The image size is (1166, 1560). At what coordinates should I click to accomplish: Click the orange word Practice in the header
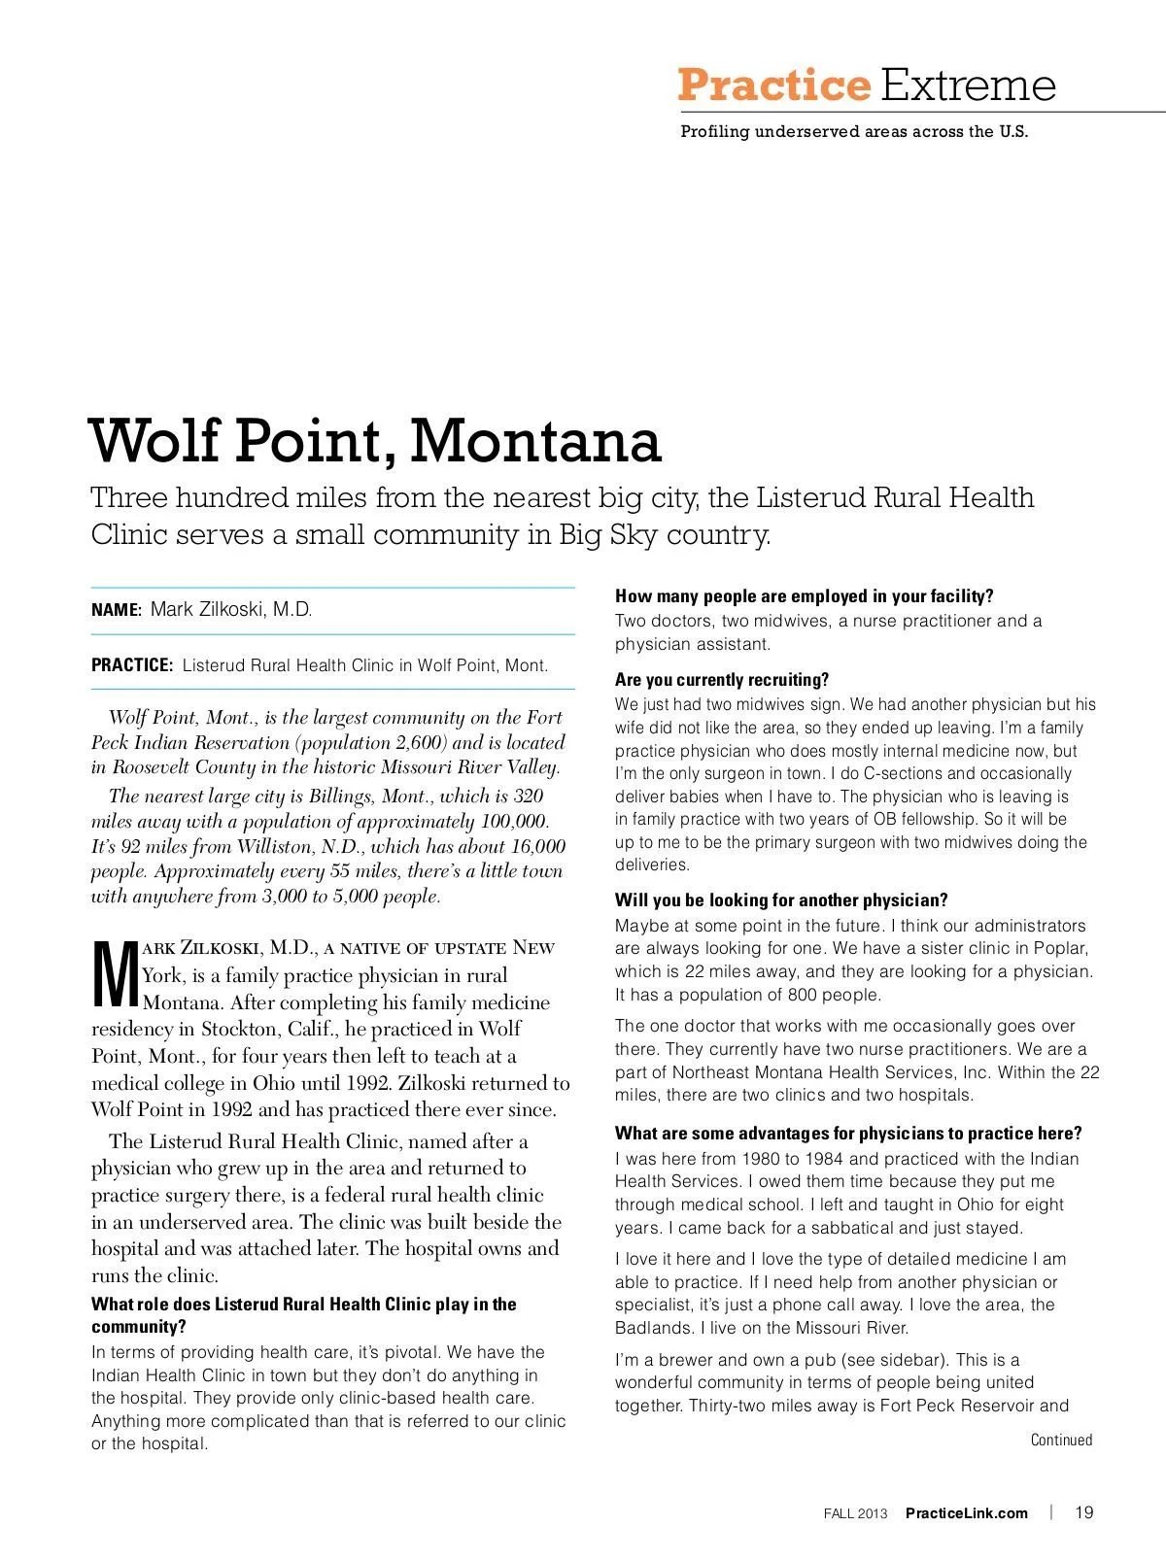tap(773, 85)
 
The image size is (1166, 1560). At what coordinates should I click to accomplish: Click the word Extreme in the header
tap(968, 85)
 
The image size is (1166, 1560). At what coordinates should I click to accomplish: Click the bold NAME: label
tap(117, 610)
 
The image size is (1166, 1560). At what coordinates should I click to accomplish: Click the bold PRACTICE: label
tap(132, 665)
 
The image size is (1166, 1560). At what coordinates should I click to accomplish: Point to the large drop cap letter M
tap(116, 974)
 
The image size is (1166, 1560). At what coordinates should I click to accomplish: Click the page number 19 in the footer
tap(1084, 1511)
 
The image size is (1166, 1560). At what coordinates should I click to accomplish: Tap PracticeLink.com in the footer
tap(966, 1512)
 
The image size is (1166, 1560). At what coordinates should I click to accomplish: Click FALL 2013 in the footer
tap(855, 1512)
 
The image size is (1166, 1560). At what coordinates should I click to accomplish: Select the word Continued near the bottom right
tap(1061, 1440)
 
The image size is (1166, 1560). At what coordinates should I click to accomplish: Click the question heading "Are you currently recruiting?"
tap(722, 680)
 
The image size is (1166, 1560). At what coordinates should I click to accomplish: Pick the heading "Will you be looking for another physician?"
tap(781, 900)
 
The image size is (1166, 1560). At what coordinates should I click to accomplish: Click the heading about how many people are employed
tap(804, 596)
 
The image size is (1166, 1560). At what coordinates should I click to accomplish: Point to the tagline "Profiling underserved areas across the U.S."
tap(853, 132)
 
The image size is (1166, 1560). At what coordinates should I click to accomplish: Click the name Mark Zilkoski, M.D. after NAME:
tap(231, 610)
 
